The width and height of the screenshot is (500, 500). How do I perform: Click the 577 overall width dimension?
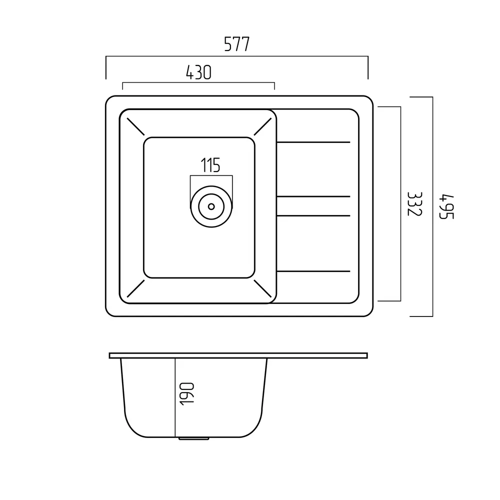(236, 44)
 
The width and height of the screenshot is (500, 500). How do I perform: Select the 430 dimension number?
(198, 72)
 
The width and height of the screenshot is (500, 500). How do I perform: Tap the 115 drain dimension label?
(210, 165)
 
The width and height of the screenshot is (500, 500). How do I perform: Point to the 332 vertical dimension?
(415, 204)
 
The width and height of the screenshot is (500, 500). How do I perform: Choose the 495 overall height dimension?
(446, 206)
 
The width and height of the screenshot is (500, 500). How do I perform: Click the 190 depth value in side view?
(187, 394)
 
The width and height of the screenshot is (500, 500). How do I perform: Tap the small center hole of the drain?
(211, 206)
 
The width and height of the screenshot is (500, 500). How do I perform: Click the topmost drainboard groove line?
(313, 142)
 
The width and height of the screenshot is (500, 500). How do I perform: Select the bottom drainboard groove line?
(313, 271)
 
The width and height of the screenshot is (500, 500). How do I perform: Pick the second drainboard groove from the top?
(313, 196)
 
